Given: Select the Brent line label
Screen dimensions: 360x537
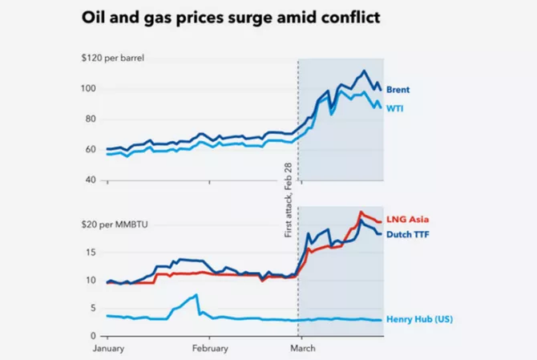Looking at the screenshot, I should (398, 90).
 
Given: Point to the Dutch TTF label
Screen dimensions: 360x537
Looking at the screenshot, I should (410, 235).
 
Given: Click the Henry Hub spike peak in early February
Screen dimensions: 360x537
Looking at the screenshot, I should (196, 295).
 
